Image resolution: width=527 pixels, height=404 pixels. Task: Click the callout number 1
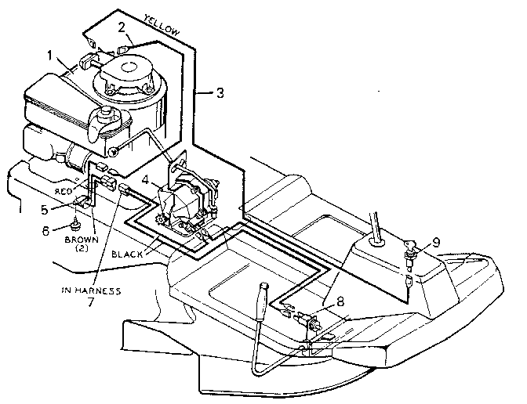click(x=51, y=56)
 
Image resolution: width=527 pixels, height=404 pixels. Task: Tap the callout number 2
click(x=122, y=28)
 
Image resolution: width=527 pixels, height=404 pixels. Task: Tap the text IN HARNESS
click(x=91, y=290)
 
